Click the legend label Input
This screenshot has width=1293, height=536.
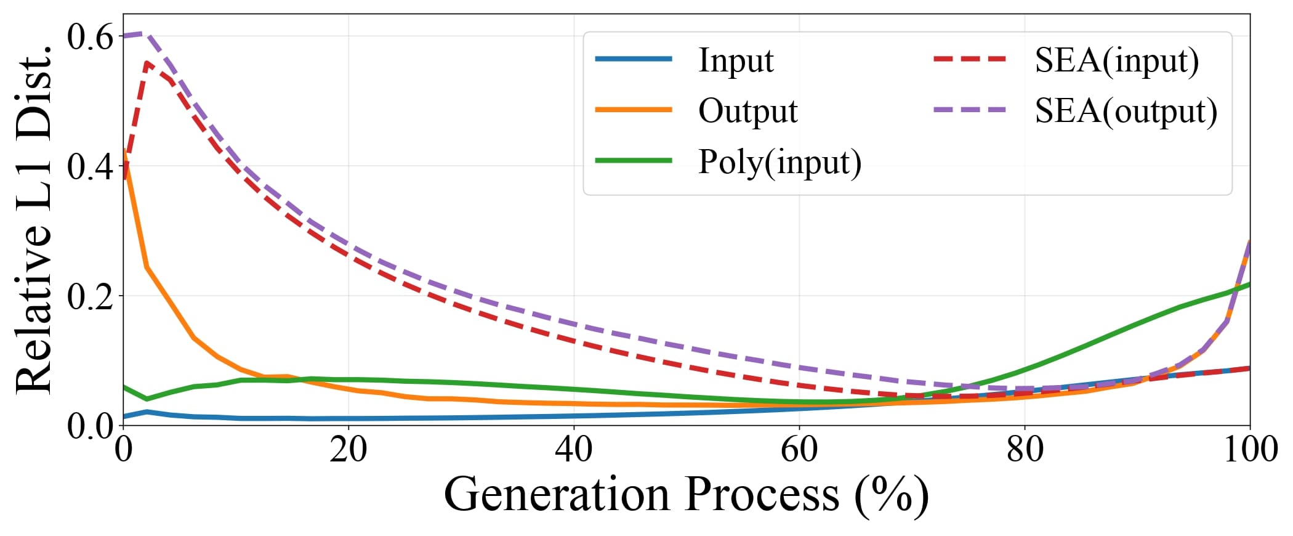pos(736,60)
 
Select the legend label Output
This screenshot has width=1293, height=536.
pos(747,111)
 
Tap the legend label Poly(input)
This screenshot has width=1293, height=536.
pos(779,162)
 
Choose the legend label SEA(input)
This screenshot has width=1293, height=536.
pos(1116,60)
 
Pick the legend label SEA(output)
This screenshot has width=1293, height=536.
pos(1126,111)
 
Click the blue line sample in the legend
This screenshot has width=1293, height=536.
pos(634,59)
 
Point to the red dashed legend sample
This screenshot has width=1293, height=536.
pos(970,59)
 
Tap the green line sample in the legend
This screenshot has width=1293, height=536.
pos(634,160)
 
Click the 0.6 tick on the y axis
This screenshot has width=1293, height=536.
pos(90,37)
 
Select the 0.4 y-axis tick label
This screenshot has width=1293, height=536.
pos(90,166)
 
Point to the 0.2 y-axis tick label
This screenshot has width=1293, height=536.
pos(90,296)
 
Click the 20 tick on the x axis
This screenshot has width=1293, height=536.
pos(348,450)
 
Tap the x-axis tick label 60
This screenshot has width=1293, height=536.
pos(799,450)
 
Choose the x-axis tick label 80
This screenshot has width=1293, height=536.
pos(1025,450)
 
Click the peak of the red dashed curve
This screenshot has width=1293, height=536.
pos(147,62)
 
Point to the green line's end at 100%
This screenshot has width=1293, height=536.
pos(1249,284)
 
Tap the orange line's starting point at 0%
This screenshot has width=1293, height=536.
pos(124,152)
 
